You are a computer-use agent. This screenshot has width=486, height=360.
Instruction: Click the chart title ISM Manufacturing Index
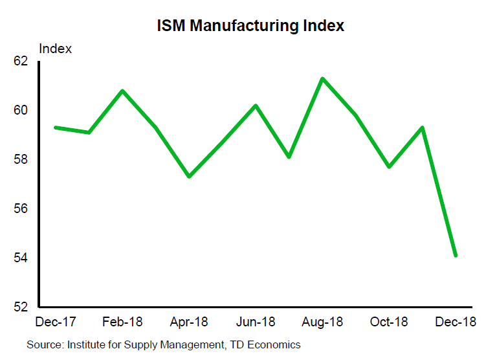(x=250, y=26)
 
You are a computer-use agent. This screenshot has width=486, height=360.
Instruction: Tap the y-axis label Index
(x=56, y=49)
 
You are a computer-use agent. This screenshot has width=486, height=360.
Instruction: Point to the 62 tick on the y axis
(x=21, y=62)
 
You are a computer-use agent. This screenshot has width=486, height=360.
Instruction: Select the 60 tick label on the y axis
(x=21, y=111)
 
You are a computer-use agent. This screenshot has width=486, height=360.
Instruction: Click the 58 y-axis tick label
(x=21, y=160)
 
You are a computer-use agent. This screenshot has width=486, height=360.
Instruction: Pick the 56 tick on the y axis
(x=21, y=209)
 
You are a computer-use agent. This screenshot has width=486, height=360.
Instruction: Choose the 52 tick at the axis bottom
(x=21, y=307)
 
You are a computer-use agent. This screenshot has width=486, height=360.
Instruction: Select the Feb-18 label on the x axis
(x=122, y=322)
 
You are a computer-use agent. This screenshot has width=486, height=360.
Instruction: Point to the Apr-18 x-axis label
(x=189, y=322)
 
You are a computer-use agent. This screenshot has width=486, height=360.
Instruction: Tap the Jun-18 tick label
(x=256, y=322)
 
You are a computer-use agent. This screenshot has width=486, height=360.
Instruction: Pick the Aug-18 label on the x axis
(x=322, y=322)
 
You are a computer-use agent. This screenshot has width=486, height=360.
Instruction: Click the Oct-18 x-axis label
(x=389, y=322)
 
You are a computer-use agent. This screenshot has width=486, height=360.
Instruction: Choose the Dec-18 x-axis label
(x=456, y=322)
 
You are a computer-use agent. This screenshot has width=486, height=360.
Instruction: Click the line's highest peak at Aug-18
(x=322, y=79)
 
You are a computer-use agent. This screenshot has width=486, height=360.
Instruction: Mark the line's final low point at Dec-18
(x=456, y=255)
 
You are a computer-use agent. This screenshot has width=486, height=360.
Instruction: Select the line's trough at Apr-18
(x=189, y=176)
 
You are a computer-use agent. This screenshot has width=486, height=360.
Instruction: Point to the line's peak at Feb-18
(x=122, y=91)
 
